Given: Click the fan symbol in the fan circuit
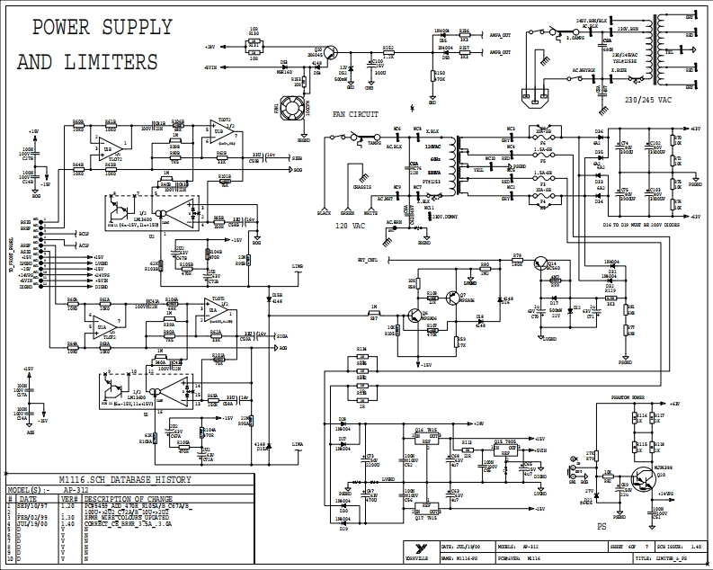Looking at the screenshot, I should tap(291, 110).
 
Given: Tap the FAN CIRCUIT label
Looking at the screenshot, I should tap(355, 114).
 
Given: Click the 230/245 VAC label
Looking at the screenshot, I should tap(646, 100).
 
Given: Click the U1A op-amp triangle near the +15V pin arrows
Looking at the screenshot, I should tap(107, 321).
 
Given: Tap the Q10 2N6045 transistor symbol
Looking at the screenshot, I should tap(331, 53).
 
